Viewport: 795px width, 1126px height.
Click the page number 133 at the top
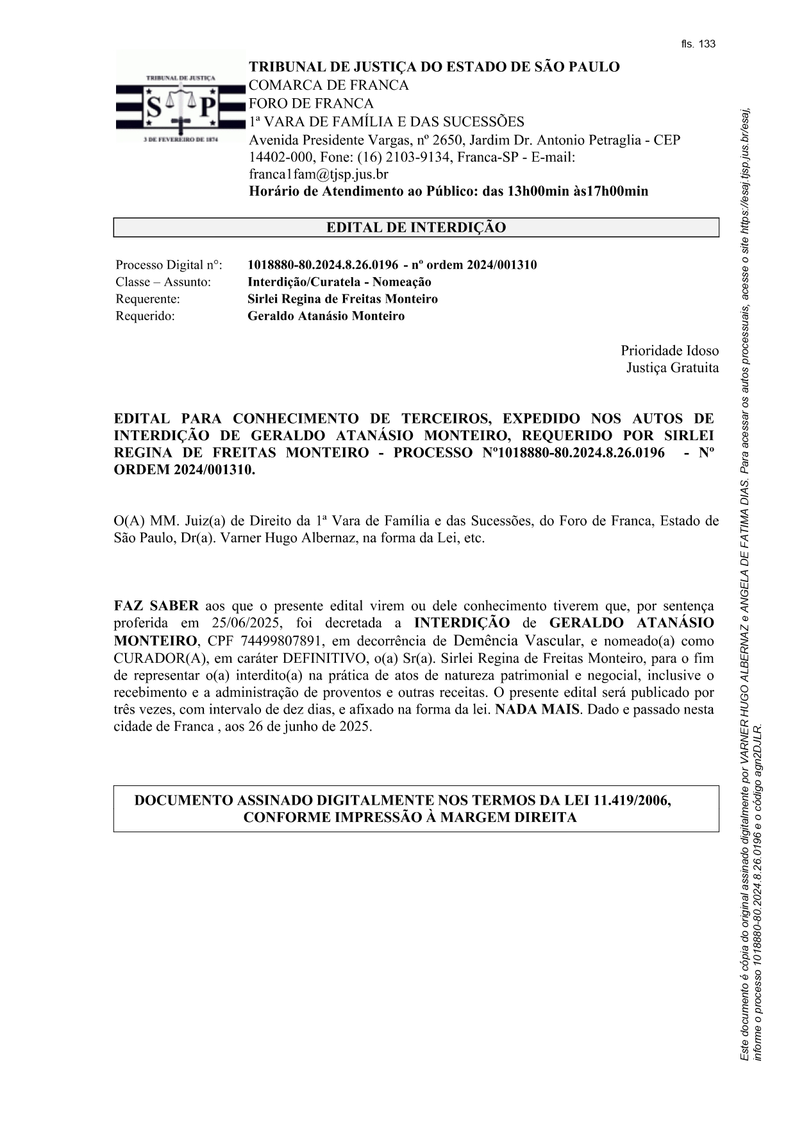[x=707, y=44]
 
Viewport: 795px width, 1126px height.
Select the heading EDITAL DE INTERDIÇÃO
[x=416, y=228]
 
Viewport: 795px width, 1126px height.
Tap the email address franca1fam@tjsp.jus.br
[x=319, y=174]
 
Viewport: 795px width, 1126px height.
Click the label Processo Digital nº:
[x=169, y=265]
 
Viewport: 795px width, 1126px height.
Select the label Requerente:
[x=147, y=299]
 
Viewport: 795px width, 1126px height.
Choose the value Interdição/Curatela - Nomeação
[x=339, y=282]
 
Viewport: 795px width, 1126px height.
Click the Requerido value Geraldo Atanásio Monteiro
[x=326, y=316]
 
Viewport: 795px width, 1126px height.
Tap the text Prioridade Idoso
[x=669, y=351]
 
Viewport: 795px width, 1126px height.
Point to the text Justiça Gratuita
[x=672, y=368]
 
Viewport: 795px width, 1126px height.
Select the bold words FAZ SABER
[x=156, y=606]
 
